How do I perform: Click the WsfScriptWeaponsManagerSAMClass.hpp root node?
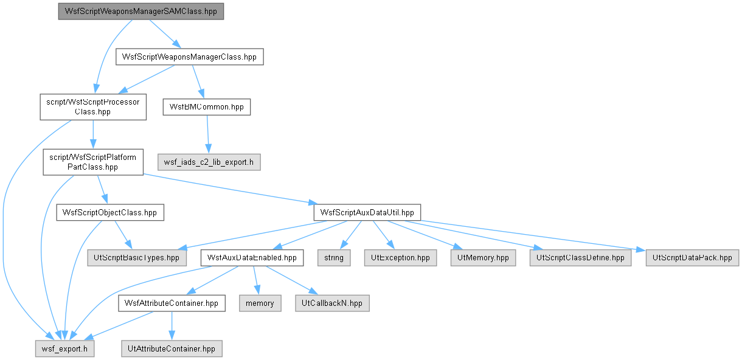tap(140, 12)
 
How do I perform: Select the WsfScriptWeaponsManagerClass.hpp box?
tap(190, 57)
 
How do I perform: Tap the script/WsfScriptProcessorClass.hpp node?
tap(93, 107)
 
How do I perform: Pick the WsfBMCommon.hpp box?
tap(207, 107)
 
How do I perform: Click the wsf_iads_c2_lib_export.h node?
tap(209, 162)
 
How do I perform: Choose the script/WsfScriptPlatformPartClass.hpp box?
tap(93, 162)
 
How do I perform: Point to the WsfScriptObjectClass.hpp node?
tap(110, 212)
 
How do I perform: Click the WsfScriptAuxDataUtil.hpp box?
tap(367, 212)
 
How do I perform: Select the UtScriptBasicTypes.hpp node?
tap(137, 258)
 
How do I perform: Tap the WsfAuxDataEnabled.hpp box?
tap(252, 258)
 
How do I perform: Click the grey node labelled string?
tap(334, 258)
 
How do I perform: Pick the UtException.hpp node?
tap(400, 258)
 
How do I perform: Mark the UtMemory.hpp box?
tap(483, 258)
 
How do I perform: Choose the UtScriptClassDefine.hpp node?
tap(580, 258)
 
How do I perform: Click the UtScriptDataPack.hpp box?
tap(692, 258)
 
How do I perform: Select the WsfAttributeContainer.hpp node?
tap(172, 303)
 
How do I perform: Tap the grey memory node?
tap(260, 303)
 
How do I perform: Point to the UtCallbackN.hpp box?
tap(332, 303)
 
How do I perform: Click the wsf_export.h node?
tap(65, 348)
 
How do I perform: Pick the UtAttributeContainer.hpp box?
tap(172, 348)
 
